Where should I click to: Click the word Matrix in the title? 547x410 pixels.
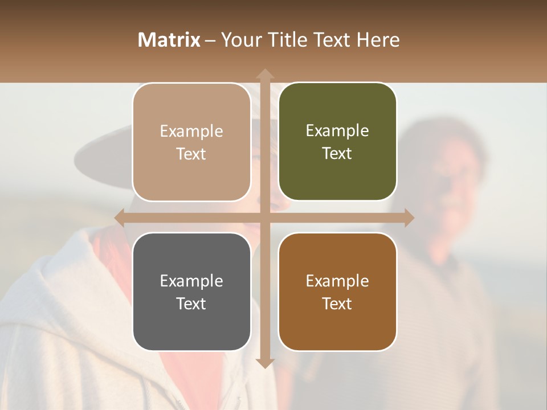point(169,40)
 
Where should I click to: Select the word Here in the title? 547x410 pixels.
point(378,40)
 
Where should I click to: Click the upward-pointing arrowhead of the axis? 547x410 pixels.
point(264,74)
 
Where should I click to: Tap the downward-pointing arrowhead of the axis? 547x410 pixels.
point(264,363)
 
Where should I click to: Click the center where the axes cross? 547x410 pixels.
point(264,218)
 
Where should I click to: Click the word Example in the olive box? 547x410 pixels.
point(337,131)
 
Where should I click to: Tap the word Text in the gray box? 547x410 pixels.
point(191,304)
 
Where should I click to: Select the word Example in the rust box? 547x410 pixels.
point(337,281)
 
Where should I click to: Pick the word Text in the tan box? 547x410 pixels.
point(191,154)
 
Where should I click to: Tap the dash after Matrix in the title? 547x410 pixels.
point(210,40)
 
